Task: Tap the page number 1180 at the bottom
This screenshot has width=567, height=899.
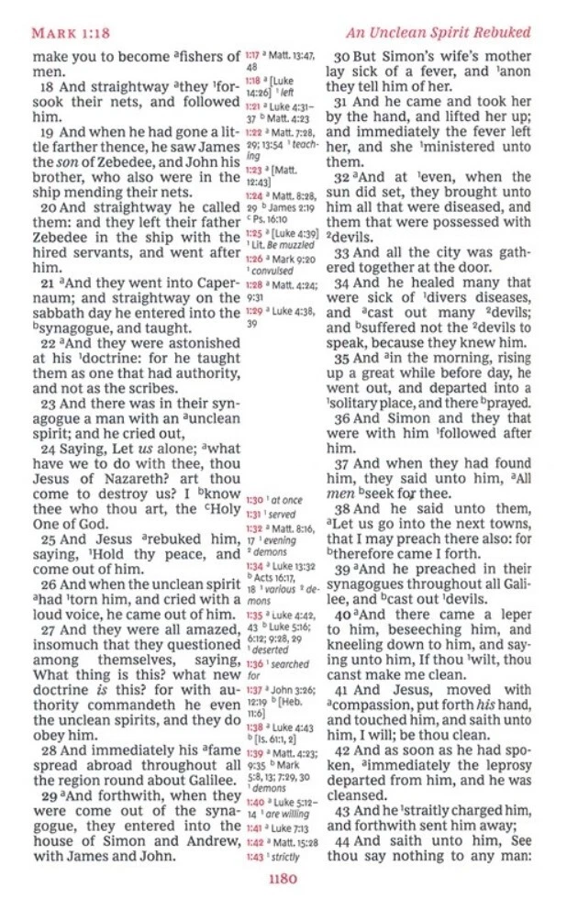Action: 283,877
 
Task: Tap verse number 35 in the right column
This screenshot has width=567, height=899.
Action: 341,359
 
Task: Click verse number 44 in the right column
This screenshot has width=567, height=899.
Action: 341,842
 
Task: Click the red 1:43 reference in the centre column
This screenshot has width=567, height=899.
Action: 254,857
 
